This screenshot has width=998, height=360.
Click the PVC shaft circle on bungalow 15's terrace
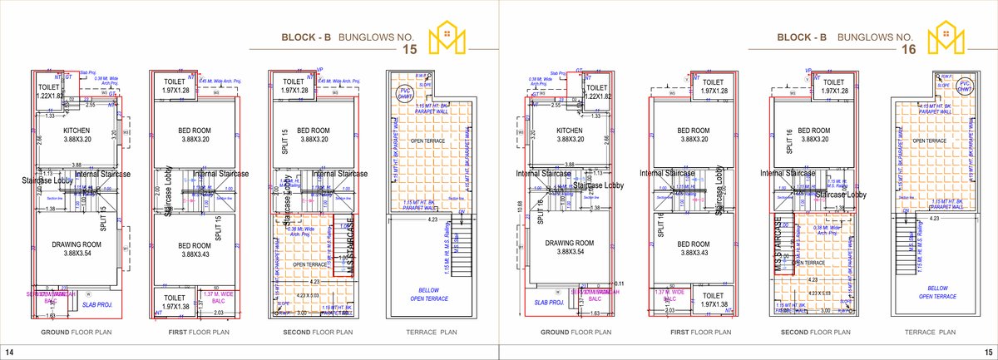pos(405,92)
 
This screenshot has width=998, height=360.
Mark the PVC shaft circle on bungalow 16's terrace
pos(964,87)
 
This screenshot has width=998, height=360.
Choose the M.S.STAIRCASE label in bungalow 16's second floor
pos(779,246)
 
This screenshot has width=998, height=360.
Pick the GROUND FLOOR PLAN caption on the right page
pos(570,332)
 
